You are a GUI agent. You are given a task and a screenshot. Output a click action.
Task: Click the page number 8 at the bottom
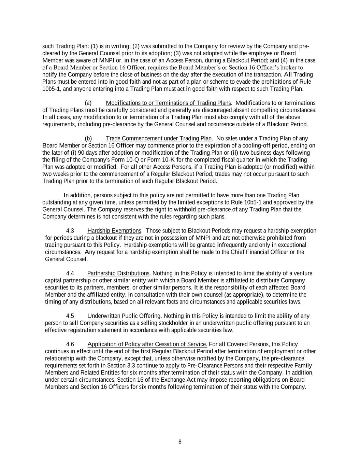point(180,442)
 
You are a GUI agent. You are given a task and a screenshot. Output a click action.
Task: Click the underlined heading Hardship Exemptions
point(114,231)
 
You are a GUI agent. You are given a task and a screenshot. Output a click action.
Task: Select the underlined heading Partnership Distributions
point(118,273)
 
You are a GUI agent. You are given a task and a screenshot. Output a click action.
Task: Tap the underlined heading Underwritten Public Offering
point(124,316)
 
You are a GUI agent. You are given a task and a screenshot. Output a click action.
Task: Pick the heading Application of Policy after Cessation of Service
point(147,344)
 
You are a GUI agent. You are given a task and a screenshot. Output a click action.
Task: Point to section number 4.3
point(70,231)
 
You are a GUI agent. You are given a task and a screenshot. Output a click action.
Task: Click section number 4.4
point(70,273)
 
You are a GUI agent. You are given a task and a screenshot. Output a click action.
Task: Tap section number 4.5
point(70,316)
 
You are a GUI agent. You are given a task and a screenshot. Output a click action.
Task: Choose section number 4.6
point(70,344)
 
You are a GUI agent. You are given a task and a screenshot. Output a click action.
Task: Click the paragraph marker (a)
point(88,103)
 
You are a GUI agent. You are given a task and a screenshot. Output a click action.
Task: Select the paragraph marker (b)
point(88,138)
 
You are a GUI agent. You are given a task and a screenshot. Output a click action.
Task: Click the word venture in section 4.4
point(303,273)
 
